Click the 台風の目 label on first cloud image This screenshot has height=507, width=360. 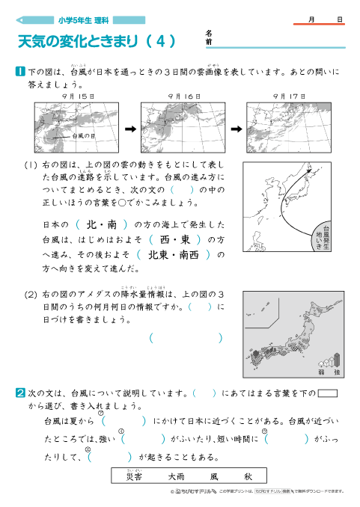coord(83,137)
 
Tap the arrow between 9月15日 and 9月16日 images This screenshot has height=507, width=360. coord(129,128)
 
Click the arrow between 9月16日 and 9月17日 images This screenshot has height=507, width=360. coord(235,128)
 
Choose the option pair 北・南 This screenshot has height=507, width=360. coord(102,224)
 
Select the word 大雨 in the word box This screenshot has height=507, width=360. coord(177,476)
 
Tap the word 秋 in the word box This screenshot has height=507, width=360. coord(248,476)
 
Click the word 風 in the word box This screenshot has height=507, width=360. coord(214,476)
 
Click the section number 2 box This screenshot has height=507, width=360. coord(21,392)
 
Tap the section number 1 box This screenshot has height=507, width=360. coord(21,72)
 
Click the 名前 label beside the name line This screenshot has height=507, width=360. coord(209,38)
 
